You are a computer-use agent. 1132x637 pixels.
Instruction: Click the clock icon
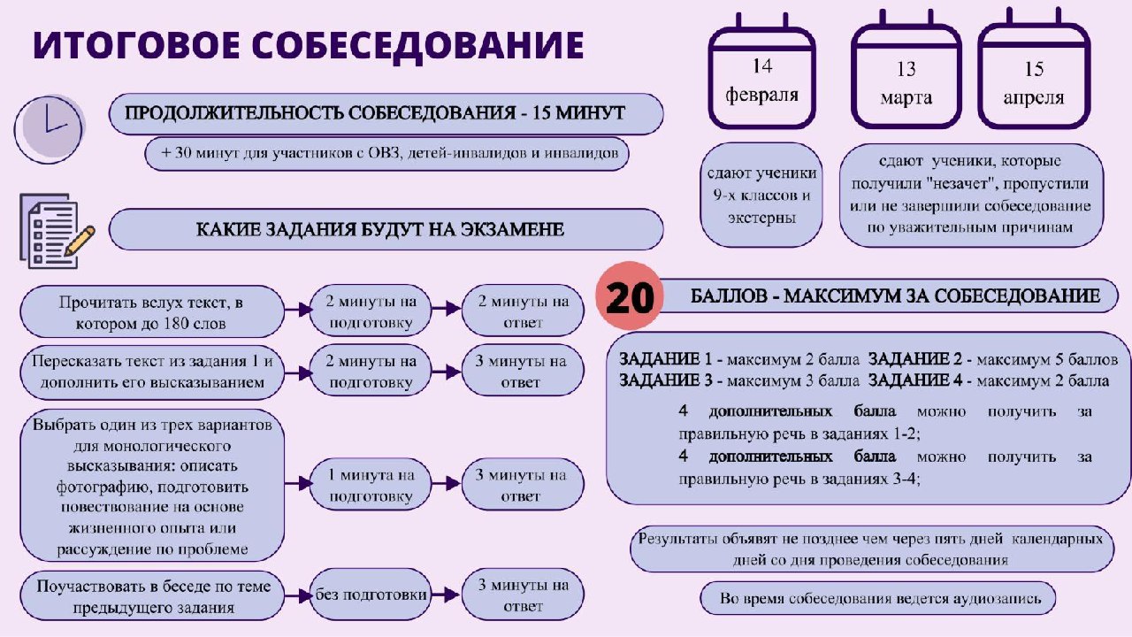tap(50, 129)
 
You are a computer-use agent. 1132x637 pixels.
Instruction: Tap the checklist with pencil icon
tap(57, 231)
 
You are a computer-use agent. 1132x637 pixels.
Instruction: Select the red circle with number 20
tap(629, 296)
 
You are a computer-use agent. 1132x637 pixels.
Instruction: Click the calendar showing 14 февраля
tap(761, 71)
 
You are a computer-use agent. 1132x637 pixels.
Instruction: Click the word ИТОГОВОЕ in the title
tap(136, 45)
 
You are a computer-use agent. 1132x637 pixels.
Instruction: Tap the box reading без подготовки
tap(371, 595)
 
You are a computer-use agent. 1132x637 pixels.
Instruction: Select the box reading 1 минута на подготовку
tap(371, 485)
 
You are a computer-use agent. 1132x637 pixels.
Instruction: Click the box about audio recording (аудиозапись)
tap(878, 599)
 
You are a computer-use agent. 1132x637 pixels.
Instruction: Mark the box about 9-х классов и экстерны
tap(761, 196)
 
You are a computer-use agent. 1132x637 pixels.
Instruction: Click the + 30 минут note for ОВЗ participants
tap(387, 153)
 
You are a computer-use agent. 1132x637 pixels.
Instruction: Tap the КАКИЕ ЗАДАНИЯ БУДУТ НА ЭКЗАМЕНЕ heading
tap(386, 229)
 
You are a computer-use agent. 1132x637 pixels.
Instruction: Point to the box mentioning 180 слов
tap(152, 312)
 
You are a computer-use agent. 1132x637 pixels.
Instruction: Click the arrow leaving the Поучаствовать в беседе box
tap(298, 595)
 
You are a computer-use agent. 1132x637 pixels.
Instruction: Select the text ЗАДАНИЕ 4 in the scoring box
tap(915, 380)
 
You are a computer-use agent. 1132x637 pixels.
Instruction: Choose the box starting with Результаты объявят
tap(872, 549)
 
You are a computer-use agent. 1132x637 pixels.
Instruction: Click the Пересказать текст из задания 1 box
tap(152, 372)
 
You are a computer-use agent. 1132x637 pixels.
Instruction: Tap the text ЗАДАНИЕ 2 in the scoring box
tap(915, 359)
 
